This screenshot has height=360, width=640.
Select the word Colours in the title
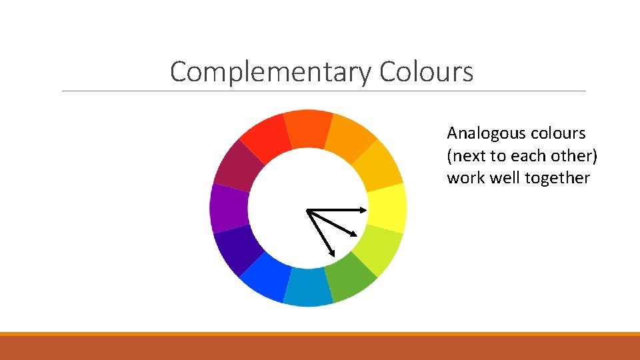pos(426,71)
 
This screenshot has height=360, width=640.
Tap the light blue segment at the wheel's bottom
pos(308,289)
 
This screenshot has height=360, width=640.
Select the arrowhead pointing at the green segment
pos(332,253)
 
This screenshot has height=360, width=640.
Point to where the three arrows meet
pos(307,211)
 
